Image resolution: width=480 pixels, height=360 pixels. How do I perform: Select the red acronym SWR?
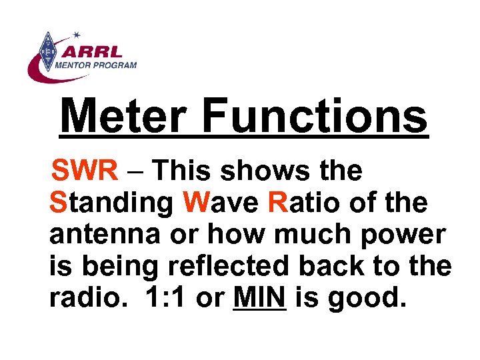pos(85,171)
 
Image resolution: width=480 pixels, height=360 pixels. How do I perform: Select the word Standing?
pos(111,203)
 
